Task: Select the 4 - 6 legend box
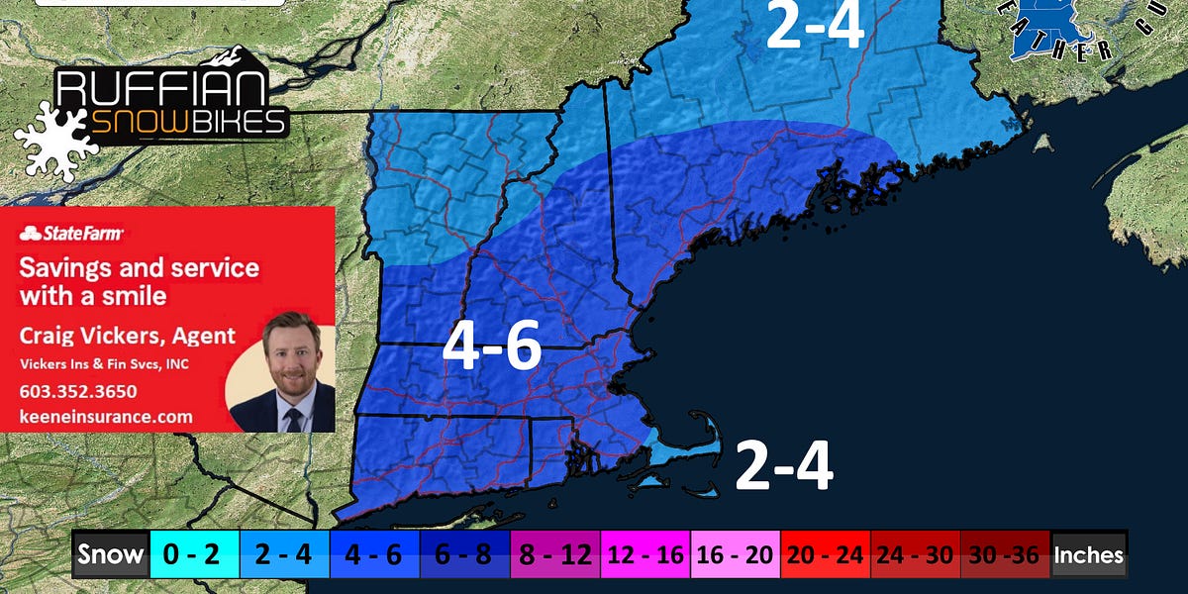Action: [x=374, y=555]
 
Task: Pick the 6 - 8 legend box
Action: [x=465, y=555]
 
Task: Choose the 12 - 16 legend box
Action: [x=645, y=555]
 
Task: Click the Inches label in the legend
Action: [x=1089, y=555]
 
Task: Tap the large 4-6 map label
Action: [x=491, y=347]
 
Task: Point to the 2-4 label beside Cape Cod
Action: [x=783, y=465]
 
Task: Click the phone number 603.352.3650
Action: [x=78, y=391]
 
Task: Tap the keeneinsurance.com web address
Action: [x=106, y=417]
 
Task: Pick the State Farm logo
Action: [x=71, y=234]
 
